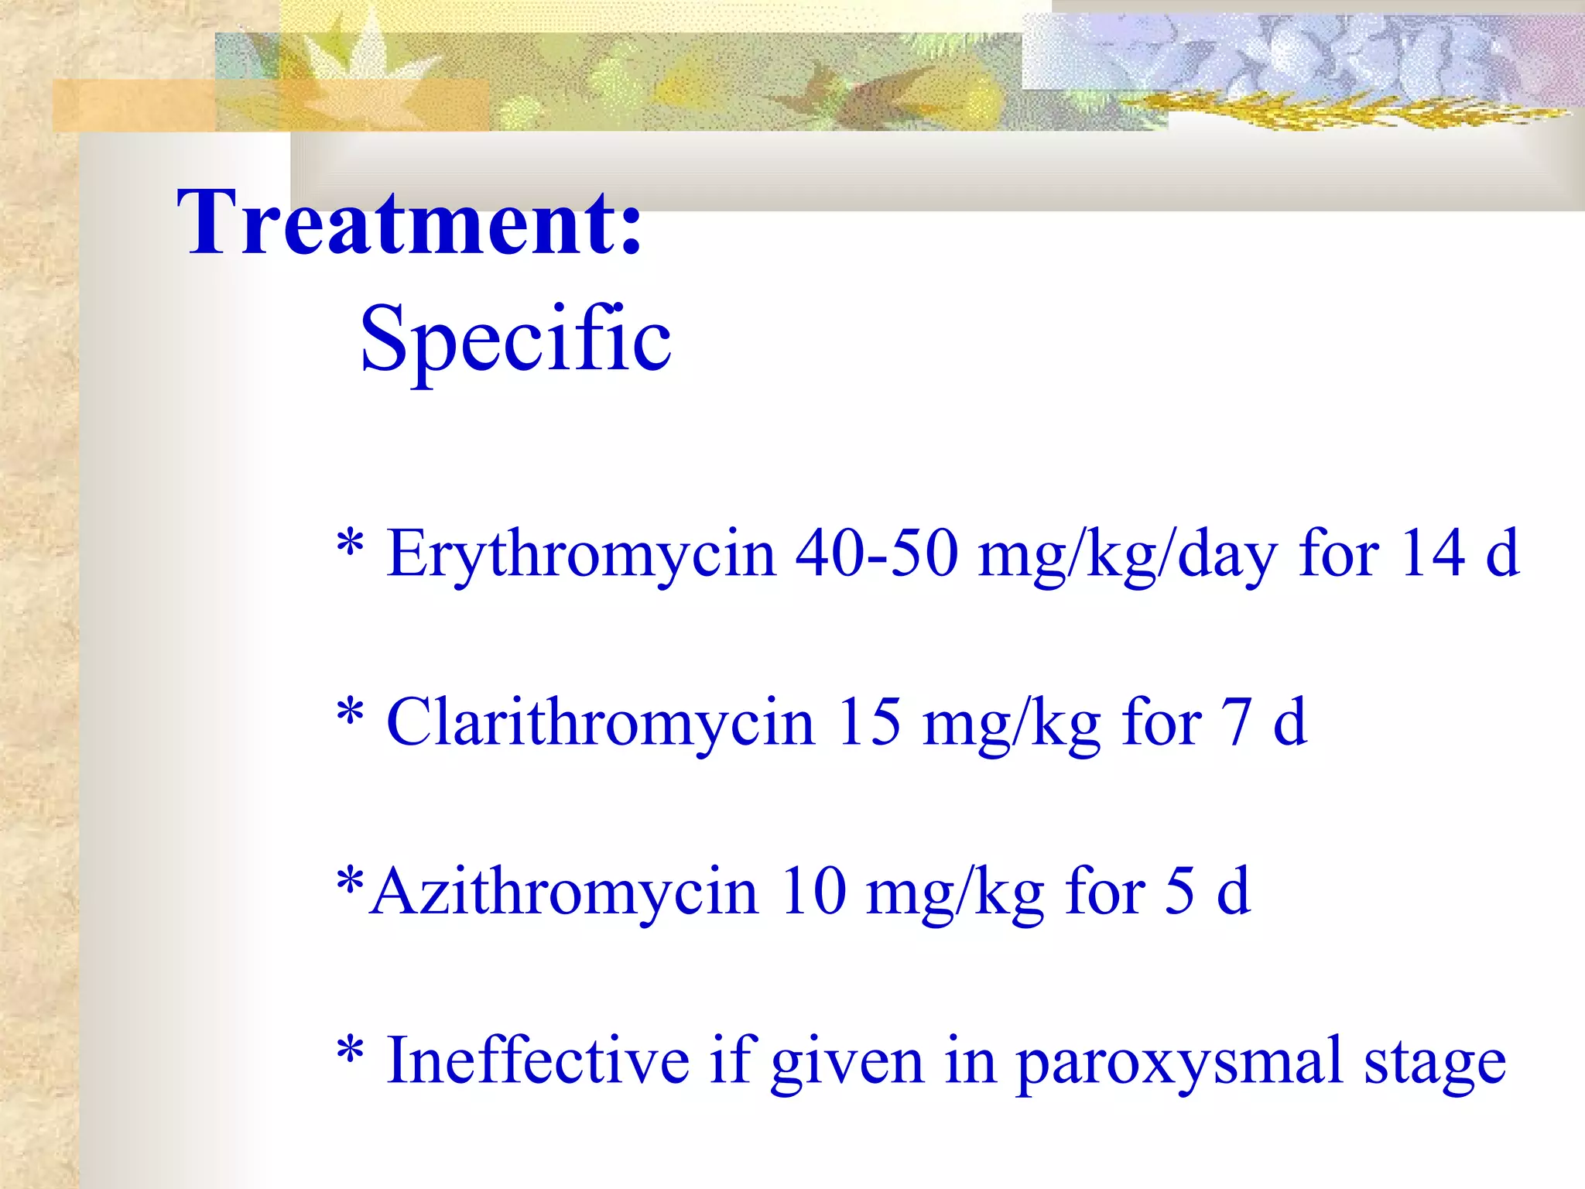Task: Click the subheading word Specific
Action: [x=515, y=339]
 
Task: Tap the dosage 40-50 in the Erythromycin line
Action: [x=877, y=554]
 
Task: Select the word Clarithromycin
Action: [x=601, y=723]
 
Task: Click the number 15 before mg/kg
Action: [x=869, y=721]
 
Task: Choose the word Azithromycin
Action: [x=563, y=892]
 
